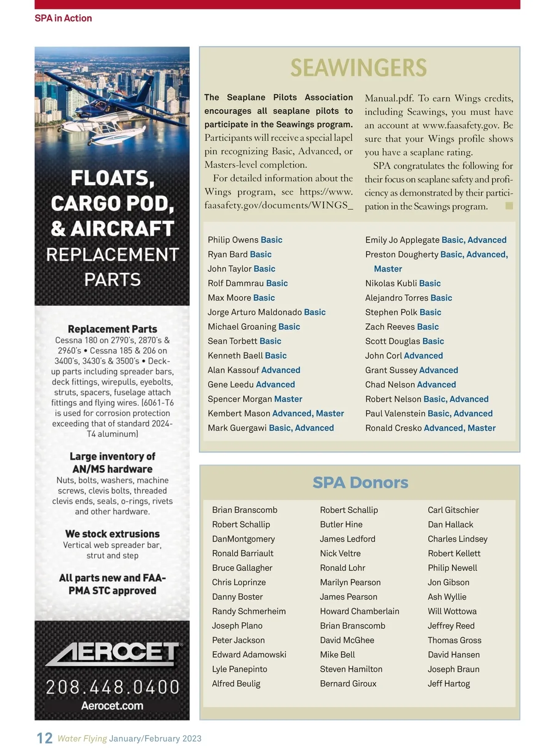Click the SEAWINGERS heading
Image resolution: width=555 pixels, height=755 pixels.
358,68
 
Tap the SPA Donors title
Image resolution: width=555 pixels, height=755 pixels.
360,482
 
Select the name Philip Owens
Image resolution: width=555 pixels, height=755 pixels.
233,240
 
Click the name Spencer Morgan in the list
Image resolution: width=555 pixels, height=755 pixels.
240,399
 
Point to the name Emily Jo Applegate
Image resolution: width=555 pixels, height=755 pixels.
402,240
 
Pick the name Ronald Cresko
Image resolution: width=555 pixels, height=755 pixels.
394,428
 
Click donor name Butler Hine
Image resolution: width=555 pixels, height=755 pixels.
341,524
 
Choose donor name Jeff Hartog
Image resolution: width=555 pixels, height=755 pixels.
449,684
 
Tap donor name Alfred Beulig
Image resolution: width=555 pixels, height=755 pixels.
236,684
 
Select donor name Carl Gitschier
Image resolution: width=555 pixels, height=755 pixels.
453,510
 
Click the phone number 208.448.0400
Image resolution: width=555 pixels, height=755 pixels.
112,687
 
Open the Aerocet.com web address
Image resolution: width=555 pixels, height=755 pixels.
112,706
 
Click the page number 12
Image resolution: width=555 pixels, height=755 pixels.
44,738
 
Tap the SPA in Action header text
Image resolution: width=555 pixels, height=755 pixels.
63,18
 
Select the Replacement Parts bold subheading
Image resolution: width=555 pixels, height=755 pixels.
112,329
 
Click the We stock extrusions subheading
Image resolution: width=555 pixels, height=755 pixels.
112,534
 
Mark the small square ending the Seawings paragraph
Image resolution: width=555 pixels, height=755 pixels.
509,206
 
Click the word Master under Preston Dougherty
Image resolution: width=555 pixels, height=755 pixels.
388,269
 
